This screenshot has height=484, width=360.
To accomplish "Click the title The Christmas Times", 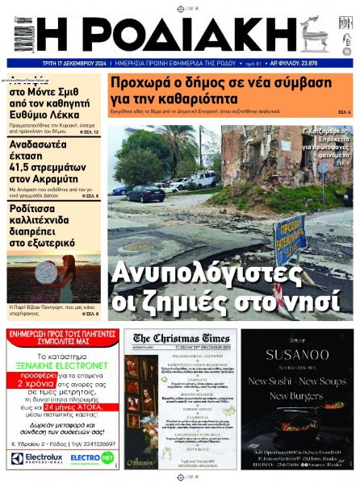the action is pyautogui.click(x=181, y=339).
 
